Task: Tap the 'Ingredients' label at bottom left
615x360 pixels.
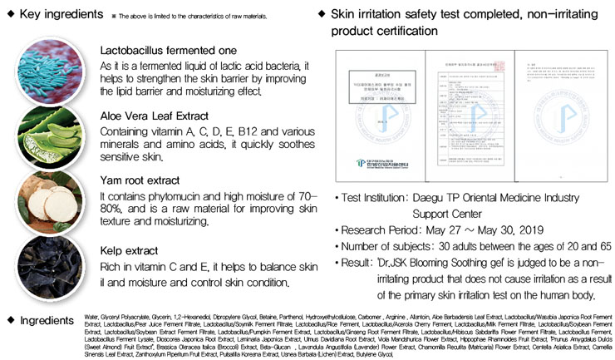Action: coord(47,320)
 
